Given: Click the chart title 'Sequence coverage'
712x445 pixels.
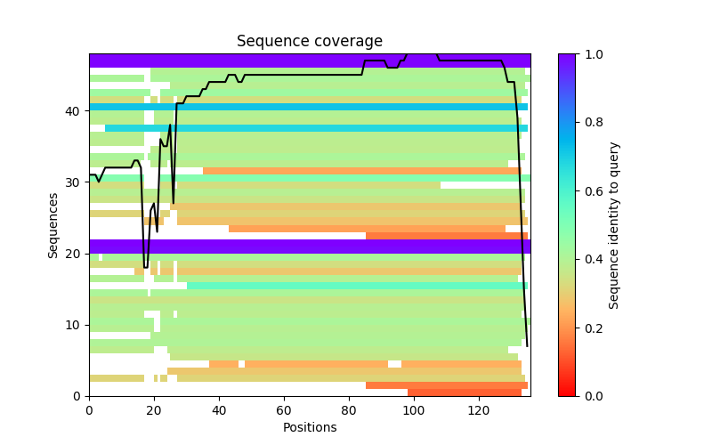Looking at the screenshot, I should [x=309, y=42].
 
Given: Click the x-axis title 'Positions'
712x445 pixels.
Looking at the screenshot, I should [x=309, y=427].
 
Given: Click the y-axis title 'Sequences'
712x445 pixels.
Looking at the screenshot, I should [x=53, y=225].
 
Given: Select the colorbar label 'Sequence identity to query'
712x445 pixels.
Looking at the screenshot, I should [x=614, y=225].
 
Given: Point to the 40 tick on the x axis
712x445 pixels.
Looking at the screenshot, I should [x=219, y=396].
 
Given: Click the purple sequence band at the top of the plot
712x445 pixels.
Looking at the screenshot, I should [x=222, y=61].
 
